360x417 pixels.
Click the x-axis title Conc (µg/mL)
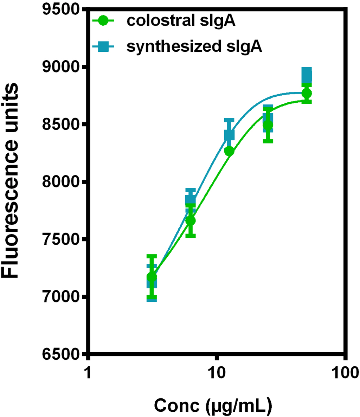pyautogui.click(x=213, y=405)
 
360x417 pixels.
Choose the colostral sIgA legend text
pyautogui.click(x=181, y=21)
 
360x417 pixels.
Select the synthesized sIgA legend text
pyautogui.click(x=194, y=46)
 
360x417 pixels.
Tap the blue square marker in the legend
pyautogui.click(x=103, y=46)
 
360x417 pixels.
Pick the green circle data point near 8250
pyautogui.click(x=229, y=151)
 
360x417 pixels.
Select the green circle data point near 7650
pyautogui.click(x=191, y=220)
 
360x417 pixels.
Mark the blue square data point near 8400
pyautogui.click(x=229, y=135)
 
